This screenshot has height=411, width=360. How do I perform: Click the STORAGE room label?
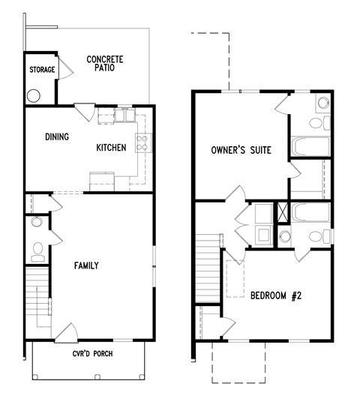42,70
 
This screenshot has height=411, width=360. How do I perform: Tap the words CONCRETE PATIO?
105,64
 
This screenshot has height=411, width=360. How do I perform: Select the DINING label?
57,136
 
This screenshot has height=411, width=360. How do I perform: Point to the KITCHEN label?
111,148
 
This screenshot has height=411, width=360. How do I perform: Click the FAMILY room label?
86,265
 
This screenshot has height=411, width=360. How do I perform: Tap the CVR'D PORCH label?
92,353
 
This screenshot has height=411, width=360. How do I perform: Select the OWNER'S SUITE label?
240,150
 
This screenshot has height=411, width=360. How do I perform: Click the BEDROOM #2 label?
275,295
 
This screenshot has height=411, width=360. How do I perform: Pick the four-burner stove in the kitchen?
143,142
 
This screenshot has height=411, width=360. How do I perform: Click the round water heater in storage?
34,96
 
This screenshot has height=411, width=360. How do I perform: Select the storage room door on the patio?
66,70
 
